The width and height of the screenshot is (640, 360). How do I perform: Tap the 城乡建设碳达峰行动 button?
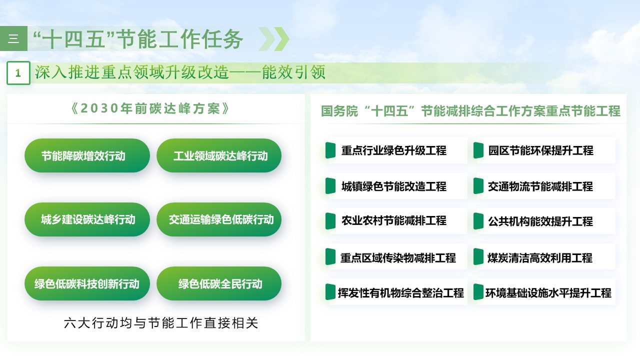87,219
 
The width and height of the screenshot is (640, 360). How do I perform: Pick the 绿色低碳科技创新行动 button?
87,283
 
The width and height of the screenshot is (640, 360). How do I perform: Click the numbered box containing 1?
18,73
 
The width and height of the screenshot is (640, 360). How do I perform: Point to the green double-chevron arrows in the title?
274,39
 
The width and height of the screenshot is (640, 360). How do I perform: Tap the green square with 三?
13,39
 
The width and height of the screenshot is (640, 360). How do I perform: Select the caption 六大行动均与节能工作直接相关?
161,323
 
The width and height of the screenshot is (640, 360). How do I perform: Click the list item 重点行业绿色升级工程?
393,150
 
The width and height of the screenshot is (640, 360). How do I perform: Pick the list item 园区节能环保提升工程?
540,150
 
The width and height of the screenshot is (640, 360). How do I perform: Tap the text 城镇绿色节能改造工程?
393,186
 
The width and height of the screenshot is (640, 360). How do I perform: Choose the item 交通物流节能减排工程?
540,186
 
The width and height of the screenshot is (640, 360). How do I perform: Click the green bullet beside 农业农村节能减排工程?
330,221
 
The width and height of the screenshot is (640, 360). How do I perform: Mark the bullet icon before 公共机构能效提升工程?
478,221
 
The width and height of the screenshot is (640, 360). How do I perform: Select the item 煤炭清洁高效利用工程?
540,258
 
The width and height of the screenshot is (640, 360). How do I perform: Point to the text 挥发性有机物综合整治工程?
401,293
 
